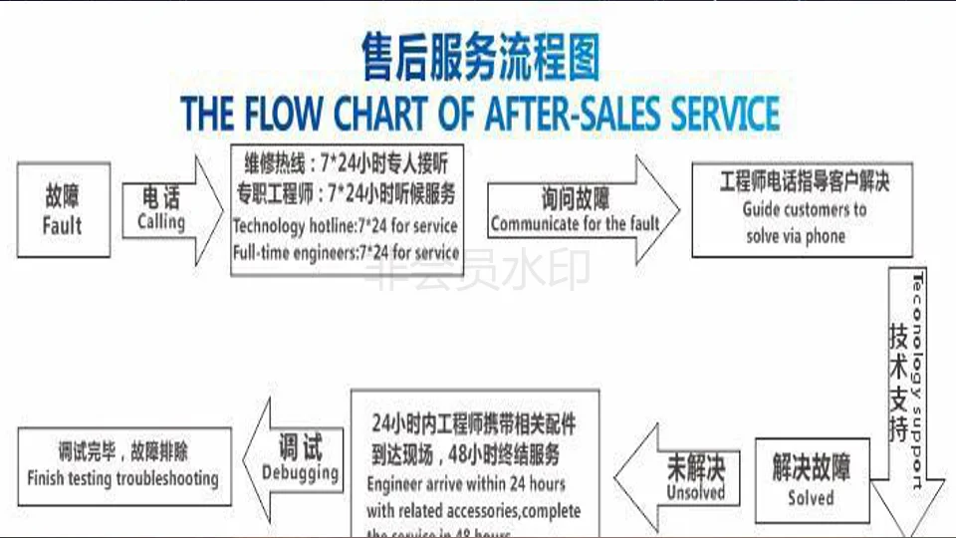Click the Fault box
click(63, 210)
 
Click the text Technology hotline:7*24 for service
click(345, 226)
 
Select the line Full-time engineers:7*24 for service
click(346, 253)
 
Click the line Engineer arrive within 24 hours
click(465, 485)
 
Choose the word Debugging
click(300, 472)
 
